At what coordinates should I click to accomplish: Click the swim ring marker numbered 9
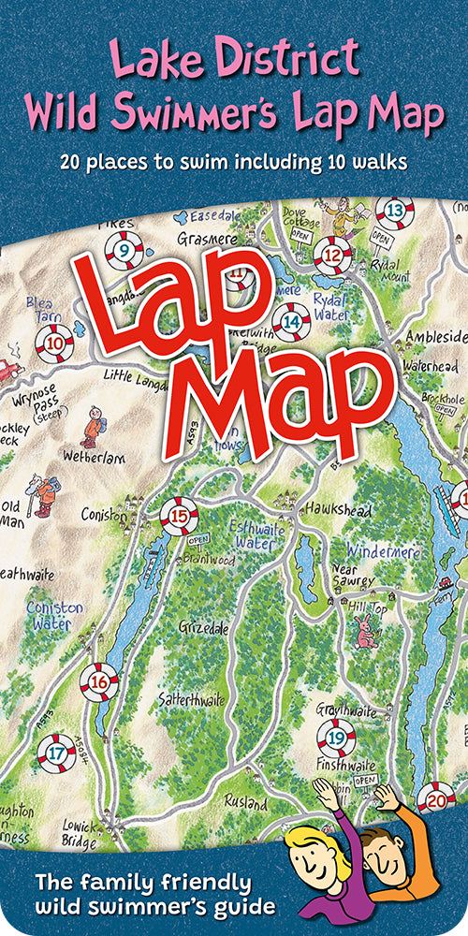point(124,250)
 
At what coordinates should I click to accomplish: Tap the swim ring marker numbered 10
point(55,344)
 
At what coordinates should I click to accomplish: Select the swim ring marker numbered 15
point(179,514)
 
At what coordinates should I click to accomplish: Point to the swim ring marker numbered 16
point(99,681)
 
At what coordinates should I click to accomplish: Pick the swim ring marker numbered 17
point(56,752)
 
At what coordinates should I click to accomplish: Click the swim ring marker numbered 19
point(336,739)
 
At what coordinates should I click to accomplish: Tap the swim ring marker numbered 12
point(332,253)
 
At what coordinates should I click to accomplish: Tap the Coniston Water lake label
point(54,615)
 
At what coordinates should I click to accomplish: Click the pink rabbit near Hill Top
point(363,636)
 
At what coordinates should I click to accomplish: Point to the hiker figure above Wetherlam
point(92,426)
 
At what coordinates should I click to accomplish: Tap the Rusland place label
point(246,801)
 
